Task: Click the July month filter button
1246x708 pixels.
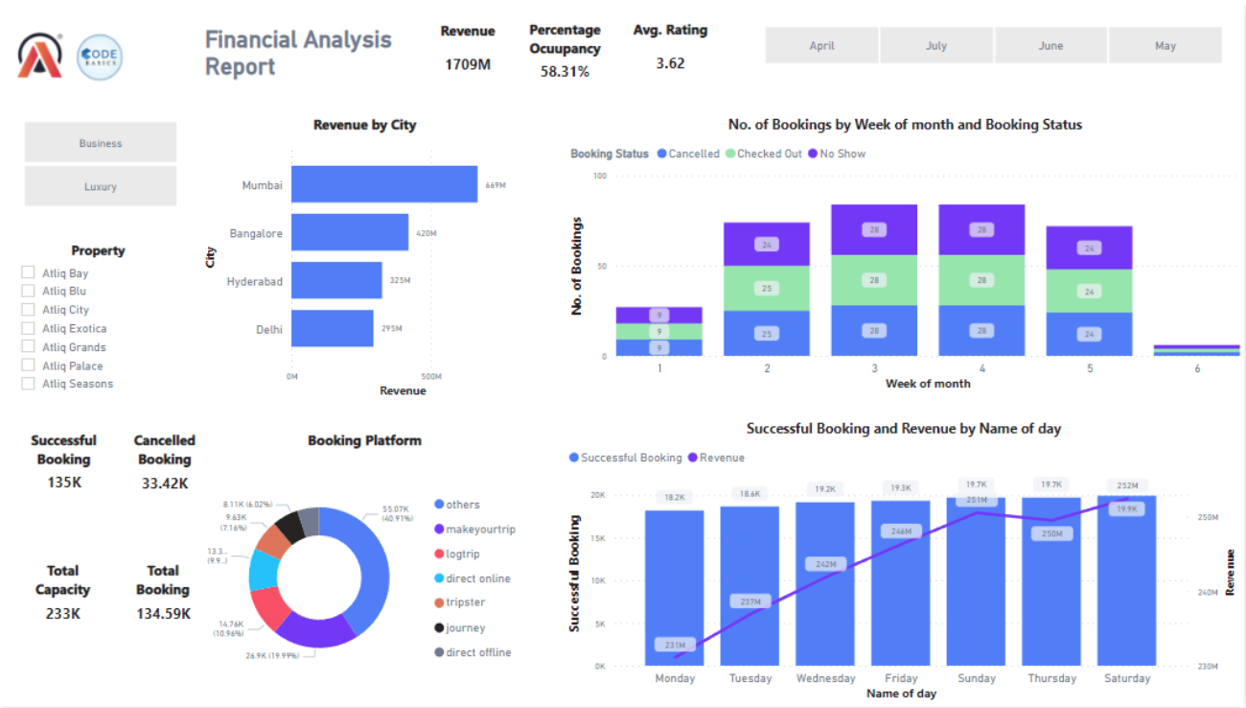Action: point(935,45)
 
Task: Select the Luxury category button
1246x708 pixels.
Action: point(101,186)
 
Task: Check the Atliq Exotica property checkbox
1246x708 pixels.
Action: point(29,328)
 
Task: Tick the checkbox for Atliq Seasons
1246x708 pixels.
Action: point(29,384)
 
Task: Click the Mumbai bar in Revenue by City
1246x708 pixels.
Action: point(383,184)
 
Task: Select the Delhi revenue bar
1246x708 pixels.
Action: point(332,328)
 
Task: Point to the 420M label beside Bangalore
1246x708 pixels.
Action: point(427,233)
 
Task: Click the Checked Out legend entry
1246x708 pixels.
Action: point(768,153)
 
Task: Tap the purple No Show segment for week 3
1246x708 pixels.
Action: point(874,229)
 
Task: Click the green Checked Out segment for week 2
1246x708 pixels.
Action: point(766,288)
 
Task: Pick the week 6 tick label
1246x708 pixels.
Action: point(1196,368)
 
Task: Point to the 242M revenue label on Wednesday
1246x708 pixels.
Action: point(825,565)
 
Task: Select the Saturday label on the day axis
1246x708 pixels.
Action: point(1127,678)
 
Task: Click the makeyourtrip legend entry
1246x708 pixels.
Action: point(479,529)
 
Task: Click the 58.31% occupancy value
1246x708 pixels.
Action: point(565,71)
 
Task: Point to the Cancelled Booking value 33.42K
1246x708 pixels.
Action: point(164,483)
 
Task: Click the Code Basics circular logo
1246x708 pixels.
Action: point(99,57)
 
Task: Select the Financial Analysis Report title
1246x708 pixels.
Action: point(298,53)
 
